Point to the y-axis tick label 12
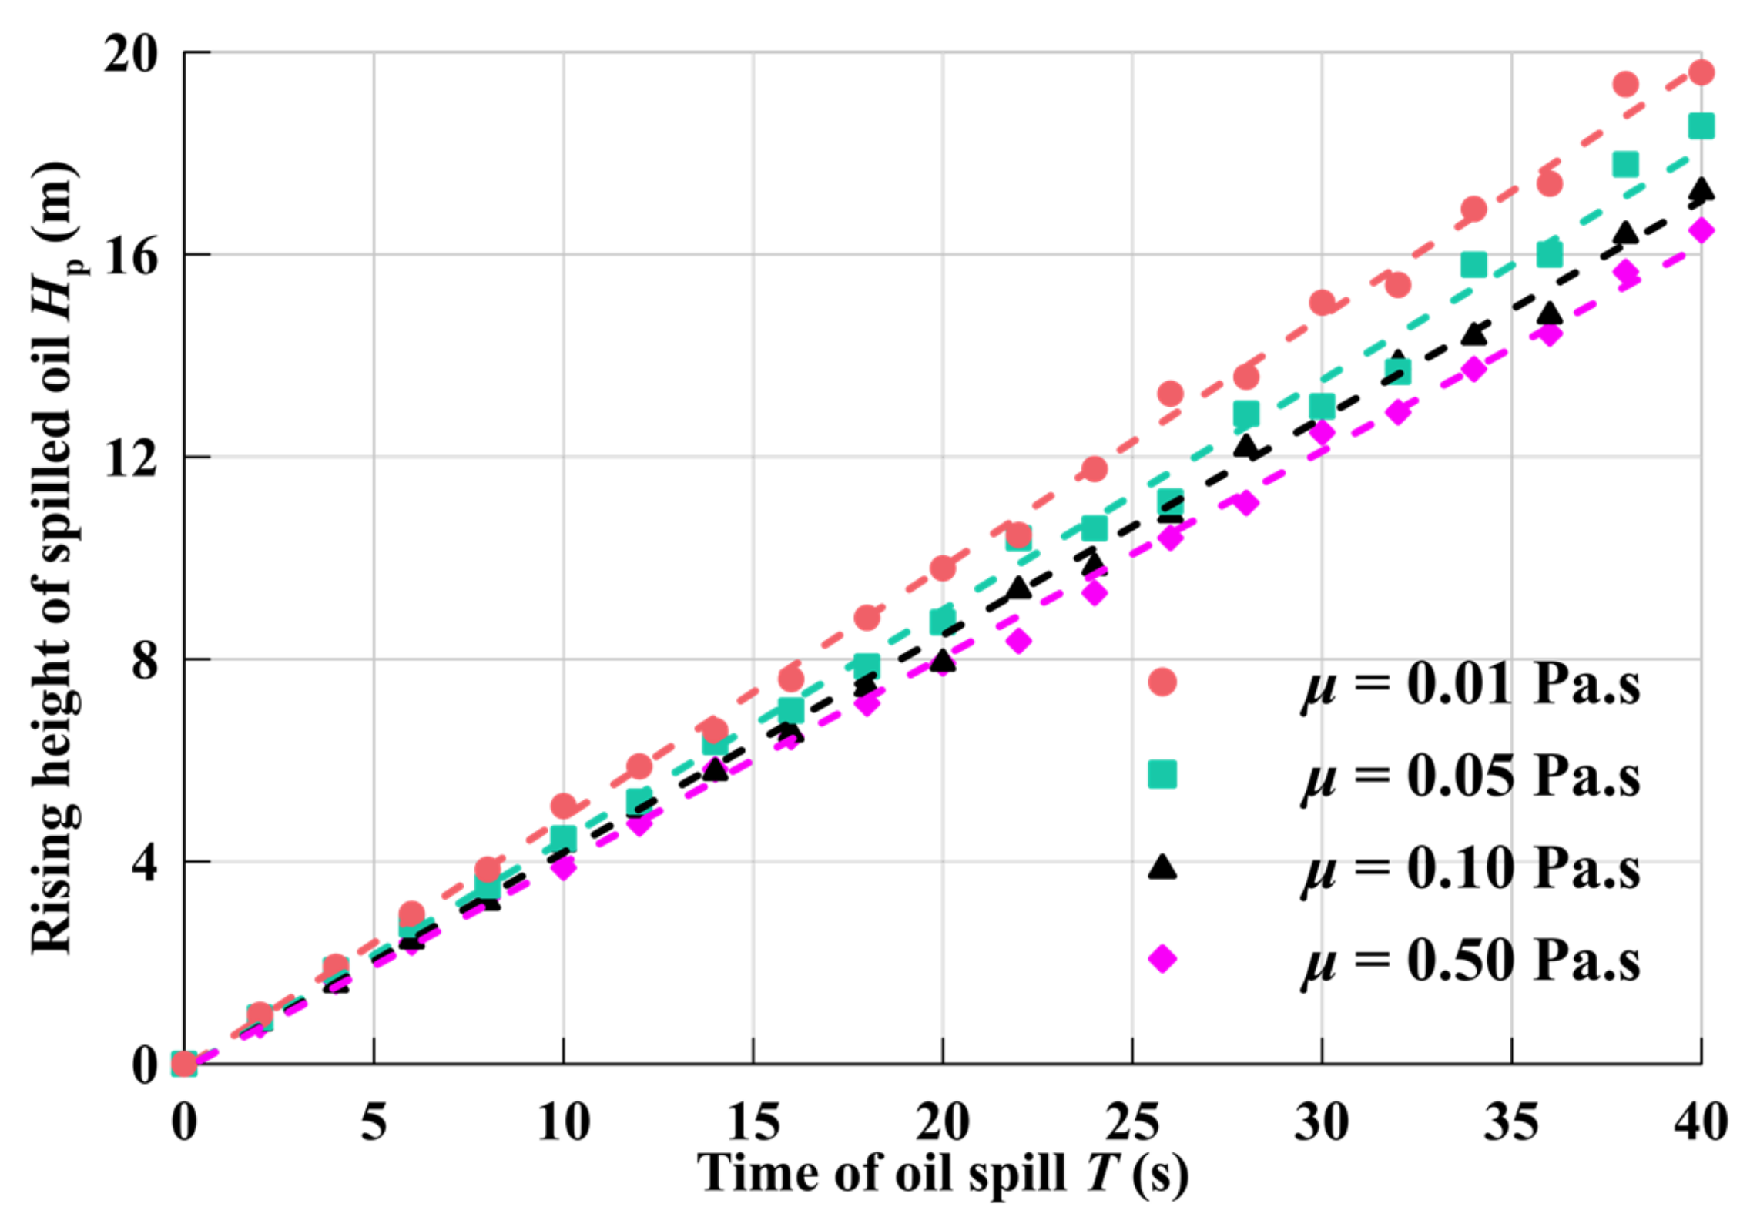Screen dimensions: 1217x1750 pyautogui.click(x=129, y=458)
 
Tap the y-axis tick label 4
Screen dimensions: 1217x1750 pyautogui.click(x=144, y=863)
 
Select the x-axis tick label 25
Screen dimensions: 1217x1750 pyautogui.click(x=1132, y=1121)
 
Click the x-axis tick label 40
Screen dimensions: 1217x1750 pyautogui.click(x=1701, y=1121)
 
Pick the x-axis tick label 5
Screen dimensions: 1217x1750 pyautogui.click(x=374, y=1121)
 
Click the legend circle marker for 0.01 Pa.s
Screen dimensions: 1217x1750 pyautogui.click(x=1162, y=682)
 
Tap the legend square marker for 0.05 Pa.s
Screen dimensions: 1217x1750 pyautogui.click(x=1162, y=774)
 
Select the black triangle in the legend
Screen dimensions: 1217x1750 pyautogui.click(x=1162, y=867)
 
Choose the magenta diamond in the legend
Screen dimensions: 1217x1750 pyautogui.click(x=1162, y=959)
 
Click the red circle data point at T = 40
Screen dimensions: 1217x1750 pyautogui.click(x=1701, y=72)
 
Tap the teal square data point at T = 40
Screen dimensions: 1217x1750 pyautogui.click(x=1701, y=126)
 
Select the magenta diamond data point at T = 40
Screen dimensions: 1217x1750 pyautogui.click(x=1701, y=230)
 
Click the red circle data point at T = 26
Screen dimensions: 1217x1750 pyautogui.click(x=1170, y=394)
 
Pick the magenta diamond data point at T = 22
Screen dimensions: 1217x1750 pyautogui.click(x=1018, y=641)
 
